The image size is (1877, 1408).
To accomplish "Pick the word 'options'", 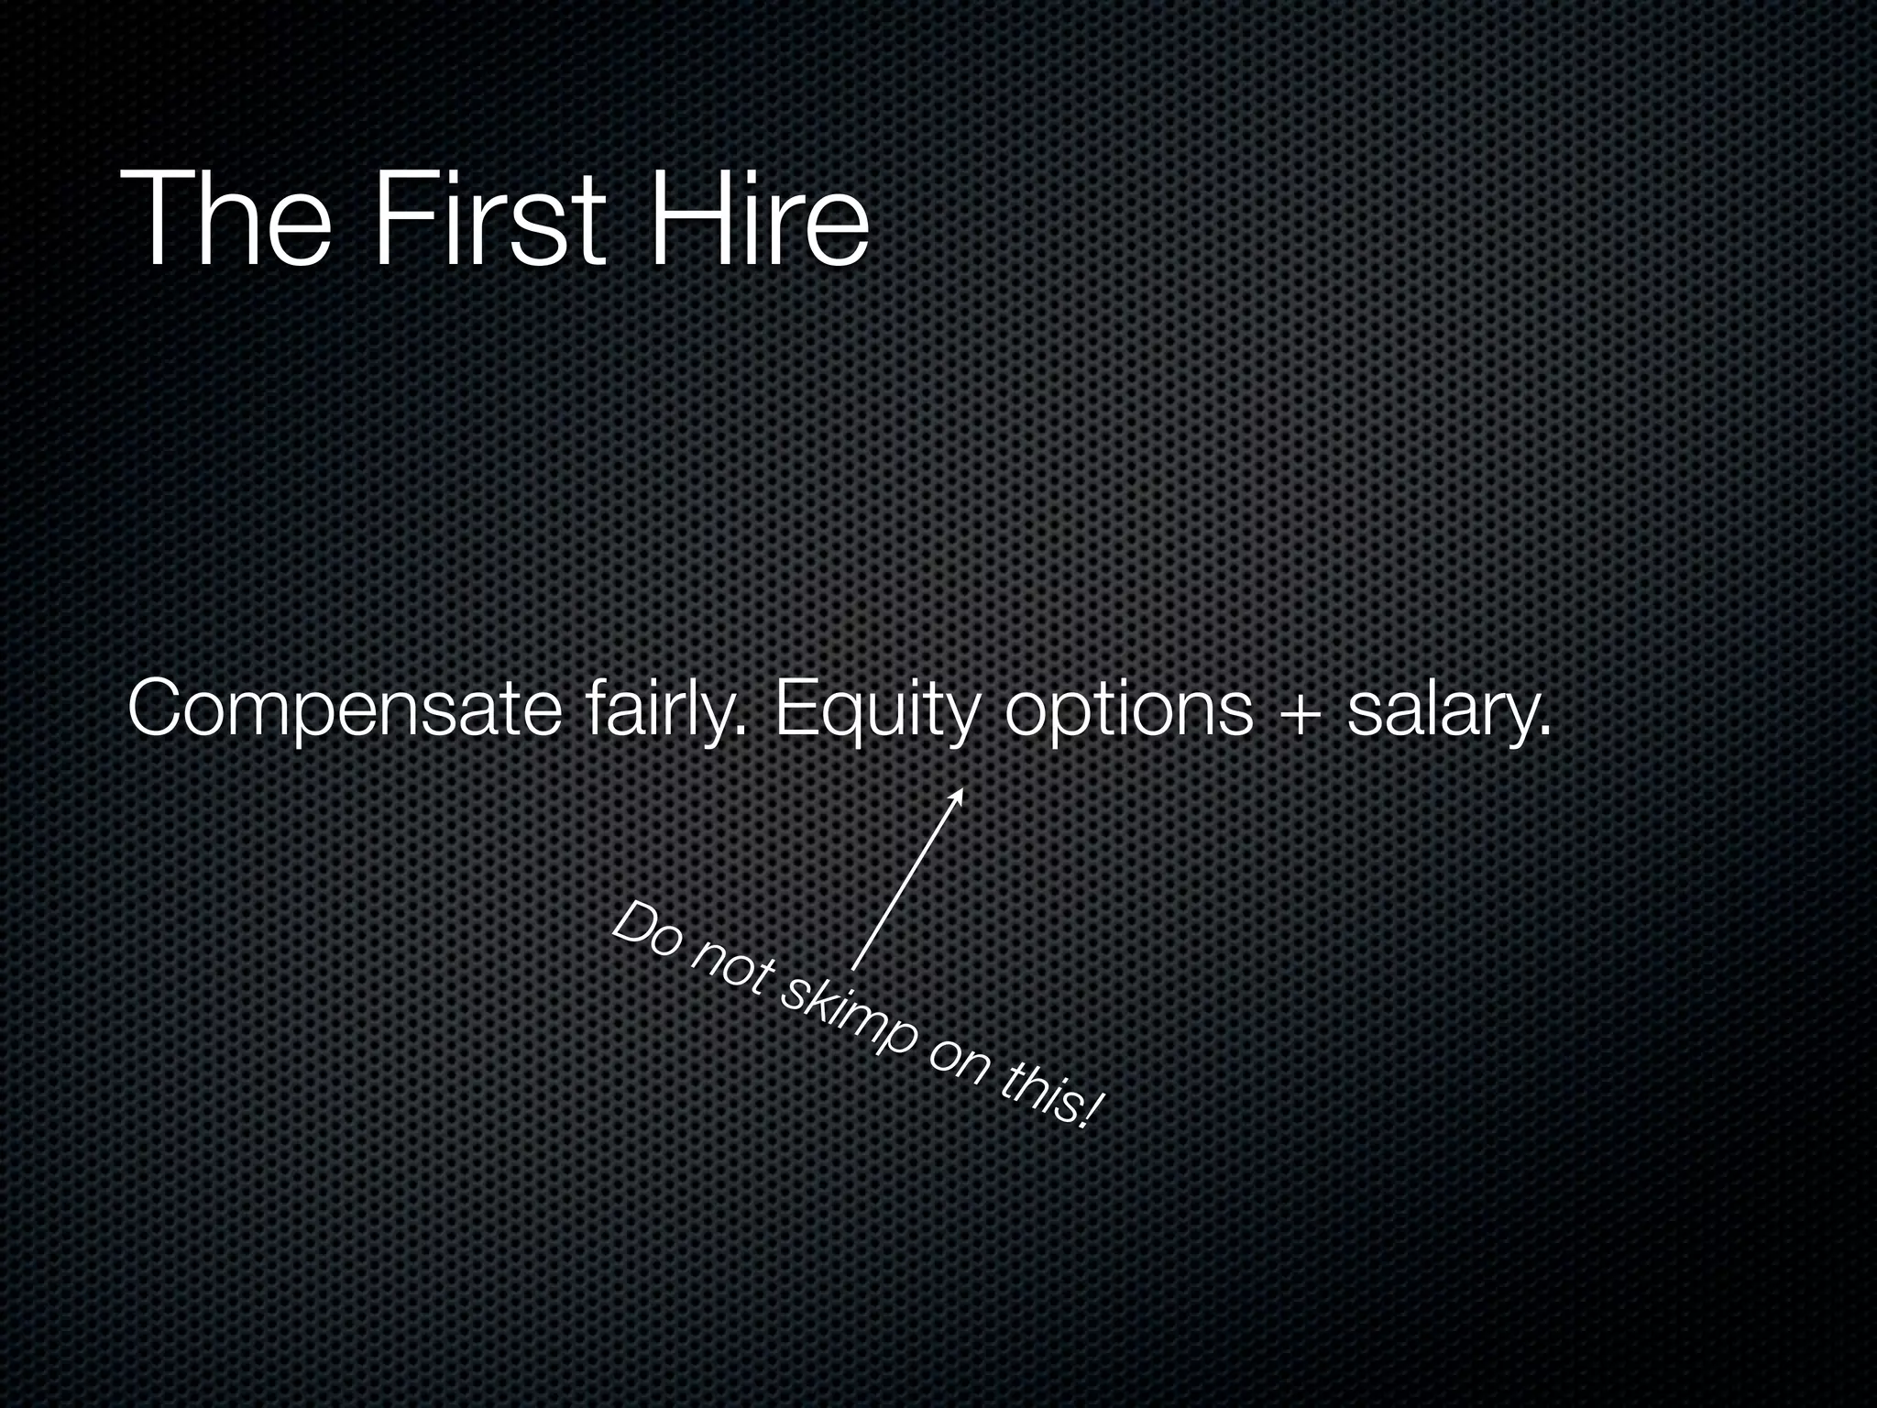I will (1127, 709).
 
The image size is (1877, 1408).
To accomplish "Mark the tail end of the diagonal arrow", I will (853, 967).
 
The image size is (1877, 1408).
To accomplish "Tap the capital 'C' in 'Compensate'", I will (158, 708).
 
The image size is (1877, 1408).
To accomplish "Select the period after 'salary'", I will (1546, 731).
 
